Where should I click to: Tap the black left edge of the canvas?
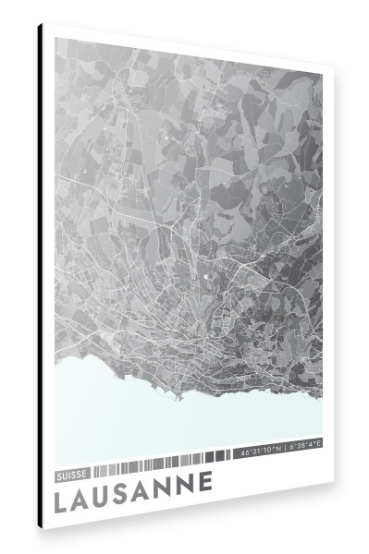point(40,277)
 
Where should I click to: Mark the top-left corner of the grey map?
point(55,38)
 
